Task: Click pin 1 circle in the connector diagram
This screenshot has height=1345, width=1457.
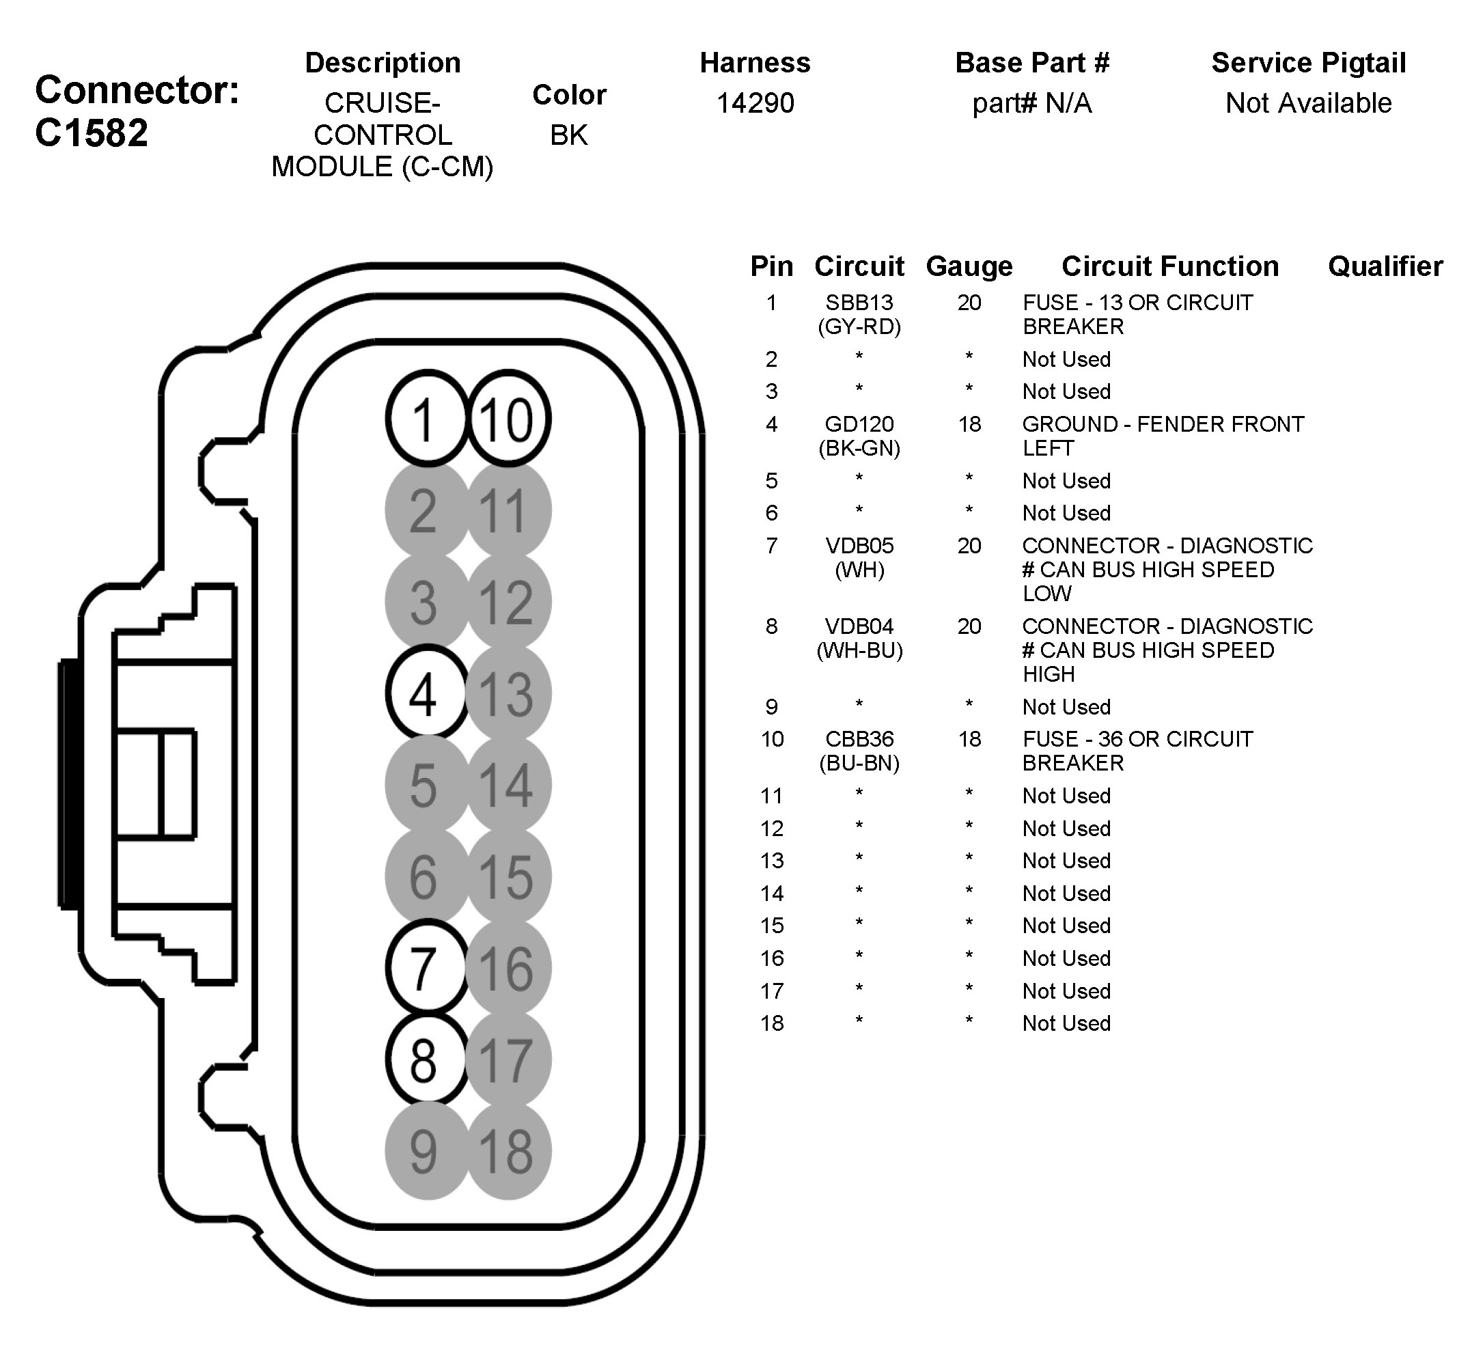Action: click(x=426, y=419)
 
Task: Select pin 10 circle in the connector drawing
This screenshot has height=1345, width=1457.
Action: click(x=508, y=419)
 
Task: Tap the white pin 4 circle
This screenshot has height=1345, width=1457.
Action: click(x=426, y=693)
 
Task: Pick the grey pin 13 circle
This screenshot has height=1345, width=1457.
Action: click(x=508, y=693)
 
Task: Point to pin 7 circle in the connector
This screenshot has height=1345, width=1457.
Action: click(x=426, y=967)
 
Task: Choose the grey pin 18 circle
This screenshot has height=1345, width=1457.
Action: click(x=508, y=1152)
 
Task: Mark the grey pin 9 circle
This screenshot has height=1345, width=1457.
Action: click(x=426, y=1152)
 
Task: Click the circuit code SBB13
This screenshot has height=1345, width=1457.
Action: click(x=859, y=302)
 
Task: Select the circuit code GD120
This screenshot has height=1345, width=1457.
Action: click(x=859, y=424)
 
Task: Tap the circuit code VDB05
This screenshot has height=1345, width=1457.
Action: click(x=859, y=545)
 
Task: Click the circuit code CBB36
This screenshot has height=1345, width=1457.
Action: click(x=859, y=738)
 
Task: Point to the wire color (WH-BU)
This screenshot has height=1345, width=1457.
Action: click(x=859, y=650)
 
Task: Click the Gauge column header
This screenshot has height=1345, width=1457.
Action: click(x=969, y=266)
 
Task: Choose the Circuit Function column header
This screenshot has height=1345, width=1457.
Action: click(x=1169, y=266)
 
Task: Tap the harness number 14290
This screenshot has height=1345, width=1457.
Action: click(x=755, y=103)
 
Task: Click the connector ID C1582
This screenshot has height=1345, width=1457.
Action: click(x=92, y=133)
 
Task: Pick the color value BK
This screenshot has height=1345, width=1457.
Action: click(x=568, y=135)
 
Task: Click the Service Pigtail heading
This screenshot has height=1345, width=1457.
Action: click(x=1308, y=63)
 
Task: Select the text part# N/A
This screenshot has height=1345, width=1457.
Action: click(x=1031, y=103)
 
